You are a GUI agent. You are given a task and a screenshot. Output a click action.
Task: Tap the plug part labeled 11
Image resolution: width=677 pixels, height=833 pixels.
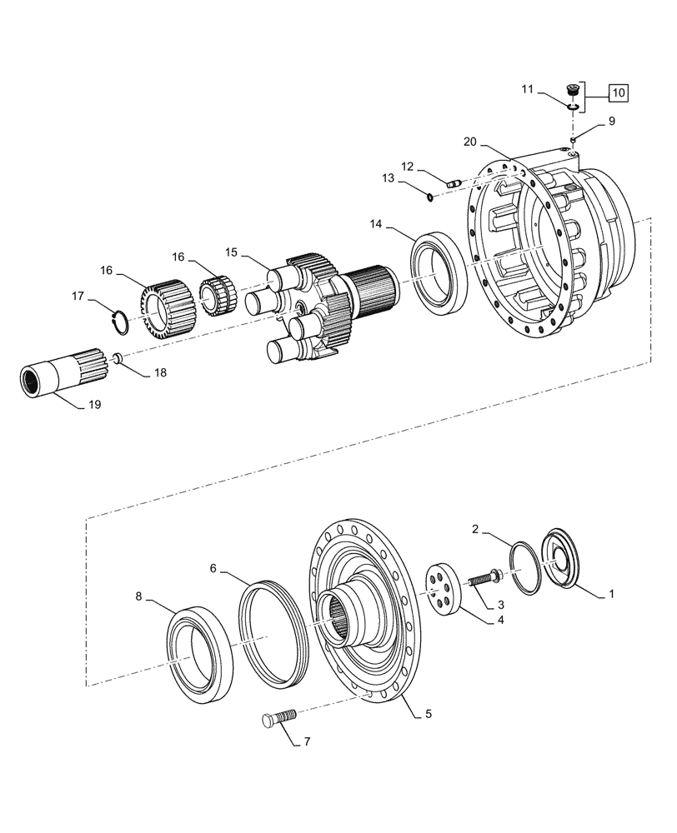tap(572, 89)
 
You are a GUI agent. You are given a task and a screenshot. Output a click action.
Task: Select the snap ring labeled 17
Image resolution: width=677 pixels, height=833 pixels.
tap(119, 321)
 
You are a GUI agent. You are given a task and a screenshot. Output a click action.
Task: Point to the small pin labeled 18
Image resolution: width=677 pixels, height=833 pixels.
tap(118, 358)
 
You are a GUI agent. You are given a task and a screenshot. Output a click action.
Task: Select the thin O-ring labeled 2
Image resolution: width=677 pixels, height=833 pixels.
tap(525, 568)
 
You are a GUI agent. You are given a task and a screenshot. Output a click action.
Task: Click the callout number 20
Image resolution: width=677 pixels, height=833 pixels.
tap(469, 142)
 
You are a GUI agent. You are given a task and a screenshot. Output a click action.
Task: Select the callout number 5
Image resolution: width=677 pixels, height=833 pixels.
tap(429, 714)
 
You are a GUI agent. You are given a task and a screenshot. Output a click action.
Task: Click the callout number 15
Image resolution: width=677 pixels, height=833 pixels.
tap(230, 251)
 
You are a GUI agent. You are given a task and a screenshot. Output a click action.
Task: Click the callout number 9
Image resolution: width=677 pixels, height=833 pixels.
tap(611, 121)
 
